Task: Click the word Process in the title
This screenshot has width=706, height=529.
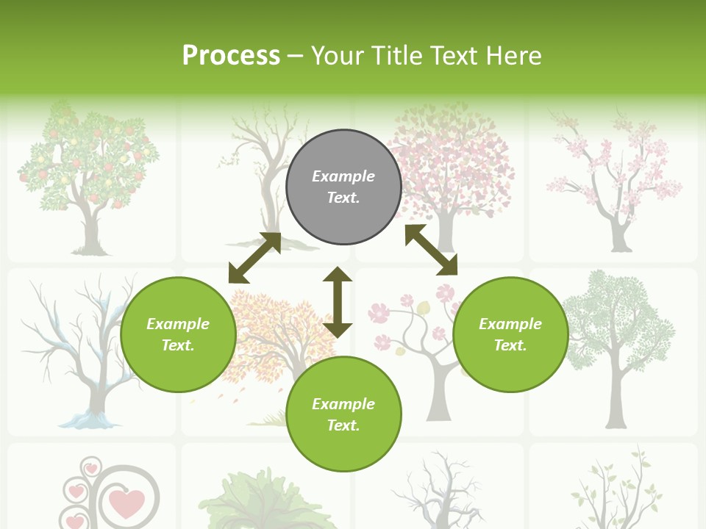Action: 231,56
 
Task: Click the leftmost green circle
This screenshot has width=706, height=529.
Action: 178,334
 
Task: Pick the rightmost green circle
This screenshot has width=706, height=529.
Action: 510,334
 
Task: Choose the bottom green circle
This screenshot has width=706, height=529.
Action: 343,414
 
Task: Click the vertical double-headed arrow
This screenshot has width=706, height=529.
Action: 338,302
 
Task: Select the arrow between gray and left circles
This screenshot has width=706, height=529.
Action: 254,258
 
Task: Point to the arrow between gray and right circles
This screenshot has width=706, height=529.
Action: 431,250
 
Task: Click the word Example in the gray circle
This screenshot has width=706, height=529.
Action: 343,176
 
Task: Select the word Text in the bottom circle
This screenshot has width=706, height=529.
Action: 342,425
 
